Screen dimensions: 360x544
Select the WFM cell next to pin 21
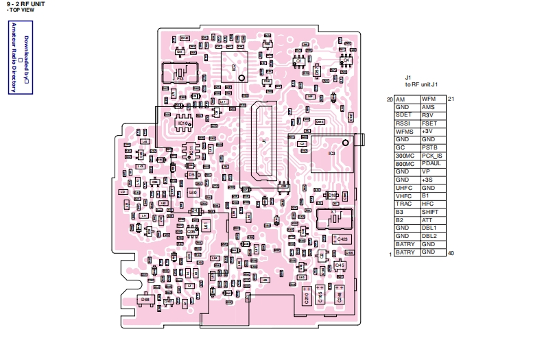[x=429, y=99]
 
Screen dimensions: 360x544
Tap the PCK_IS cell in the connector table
[x=431, y=155]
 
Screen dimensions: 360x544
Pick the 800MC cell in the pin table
[x=404, y=163]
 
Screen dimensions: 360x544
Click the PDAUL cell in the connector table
[x=431, y=163]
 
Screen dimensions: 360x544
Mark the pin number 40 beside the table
[x=451, y=254]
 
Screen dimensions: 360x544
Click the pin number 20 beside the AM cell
[x=390, y=99]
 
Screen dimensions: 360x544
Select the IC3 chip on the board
[x=331, y=153]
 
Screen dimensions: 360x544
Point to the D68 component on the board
[x=145, y=300]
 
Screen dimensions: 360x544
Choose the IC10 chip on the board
[x=182, y=123]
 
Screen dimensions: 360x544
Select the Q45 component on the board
[x=340, y=264]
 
